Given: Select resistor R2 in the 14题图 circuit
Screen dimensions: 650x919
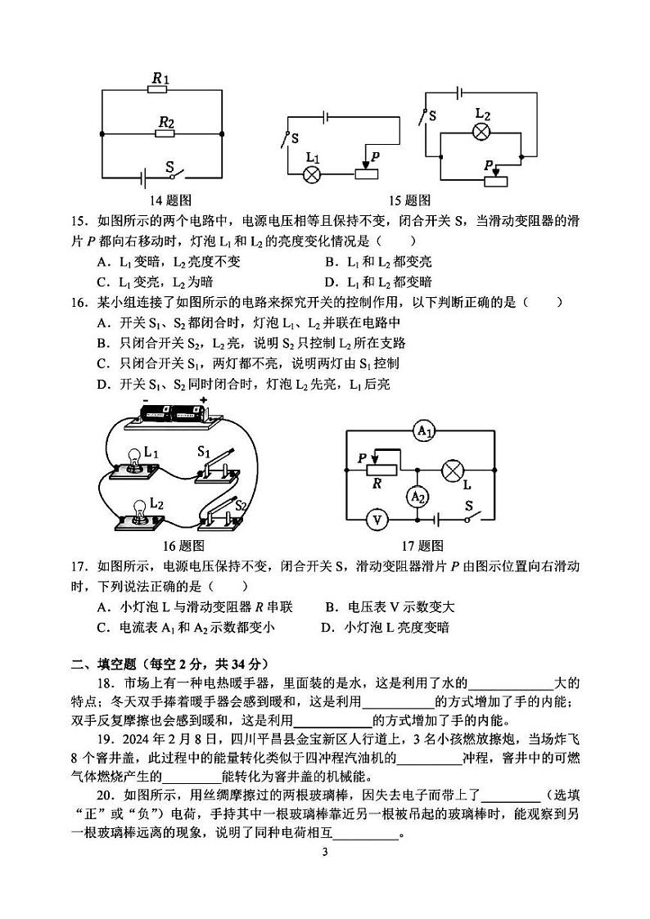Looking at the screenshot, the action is (x=166, y=133).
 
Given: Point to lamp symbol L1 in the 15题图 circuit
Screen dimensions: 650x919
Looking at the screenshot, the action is (x=312, y=173).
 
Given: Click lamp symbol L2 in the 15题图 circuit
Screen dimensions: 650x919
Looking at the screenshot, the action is (x=482, y=133).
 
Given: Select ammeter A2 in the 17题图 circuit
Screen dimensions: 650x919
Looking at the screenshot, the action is (x=418, y=496).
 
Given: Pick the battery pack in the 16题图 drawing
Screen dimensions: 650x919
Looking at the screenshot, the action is (x=174, y=412).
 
